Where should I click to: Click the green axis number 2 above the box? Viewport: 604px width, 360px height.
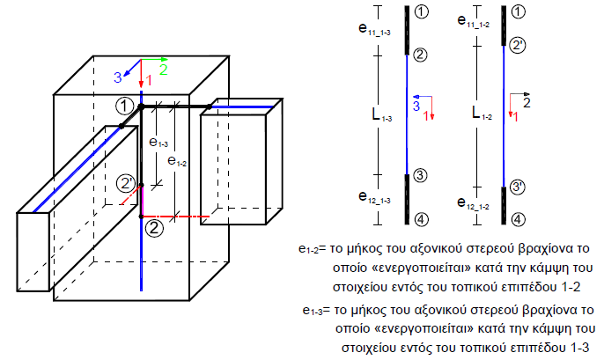click(163, 69)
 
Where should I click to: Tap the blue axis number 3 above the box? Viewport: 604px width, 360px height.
click(117, 78)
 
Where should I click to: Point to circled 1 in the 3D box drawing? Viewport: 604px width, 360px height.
click(126, 106)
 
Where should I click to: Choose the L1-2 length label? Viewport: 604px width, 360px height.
click(482, 114)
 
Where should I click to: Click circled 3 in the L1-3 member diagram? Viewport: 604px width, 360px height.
click(420, 175)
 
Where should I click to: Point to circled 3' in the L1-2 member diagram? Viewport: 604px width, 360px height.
click(518, 187)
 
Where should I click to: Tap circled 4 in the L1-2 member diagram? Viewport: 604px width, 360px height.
click(518, 219)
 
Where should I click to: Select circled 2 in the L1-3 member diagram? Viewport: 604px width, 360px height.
click(420, 55)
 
